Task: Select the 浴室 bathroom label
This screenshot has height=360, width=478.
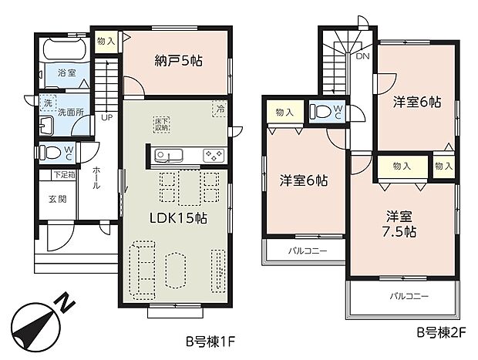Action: [x=66, y=74]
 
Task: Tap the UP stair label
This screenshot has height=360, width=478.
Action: [x=106, y=118]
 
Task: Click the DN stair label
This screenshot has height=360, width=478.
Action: [x=362, y=56]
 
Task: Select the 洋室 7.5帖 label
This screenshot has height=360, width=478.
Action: [x=400, y=224]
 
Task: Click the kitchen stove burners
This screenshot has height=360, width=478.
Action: [x=212, y=155]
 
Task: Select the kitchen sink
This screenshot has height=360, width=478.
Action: [x=167, y=155]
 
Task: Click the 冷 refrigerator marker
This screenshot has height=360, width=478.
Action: [x=221, y=109]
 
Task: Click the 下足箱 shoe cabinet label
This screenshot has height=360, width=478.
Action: [x=62, y=175]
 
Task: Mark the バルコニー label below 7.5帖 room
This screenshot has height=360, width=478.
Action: [x=409, y=296]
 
